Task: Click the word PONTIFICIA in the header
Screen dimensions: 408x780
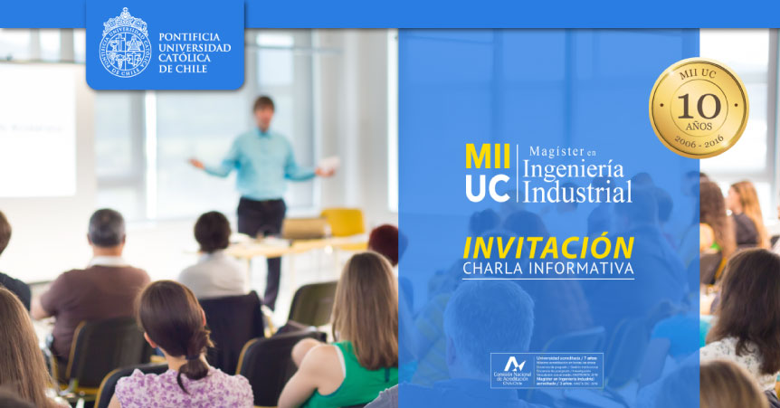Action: tap(190, 37)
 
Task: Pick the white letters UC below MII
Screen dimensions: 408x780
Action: tap(487, 186)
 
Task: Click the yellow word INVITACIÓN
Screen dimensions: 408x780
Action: tap(547, 247)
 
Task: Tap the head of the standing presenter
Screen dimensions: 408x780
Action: tap(263, 107)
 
